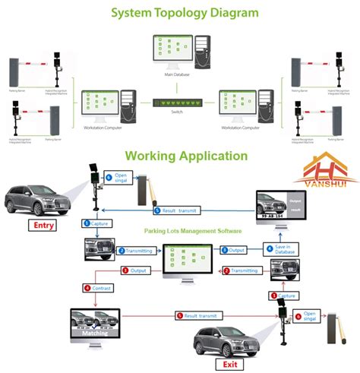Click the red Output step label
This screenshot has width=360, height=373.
point(136,270)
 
